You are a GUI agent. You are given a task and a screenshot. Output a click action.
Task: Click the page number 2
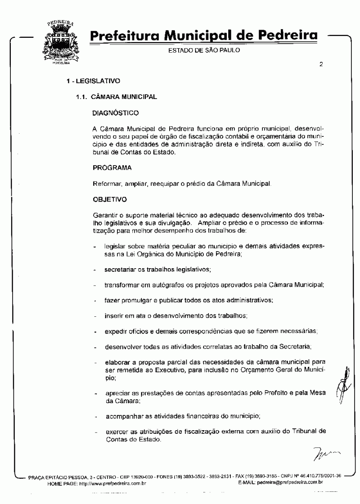click(x=321, y=64)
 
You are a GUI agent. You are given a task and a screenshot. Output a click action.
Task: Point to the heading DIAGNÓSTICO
click(x=116, y=111)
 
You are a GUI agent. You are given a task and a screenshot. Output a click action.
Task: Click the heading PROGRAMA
click(x=112, y=168)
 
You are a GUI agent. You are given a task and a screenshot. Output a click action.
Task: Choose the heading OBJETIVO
click(x=110, y=198)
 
